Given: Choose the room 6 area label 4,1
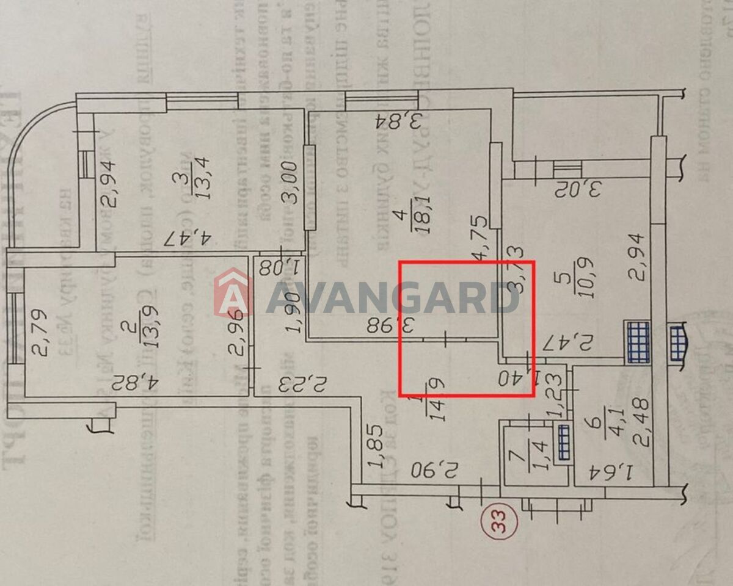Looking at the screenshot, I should [607, 420].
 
